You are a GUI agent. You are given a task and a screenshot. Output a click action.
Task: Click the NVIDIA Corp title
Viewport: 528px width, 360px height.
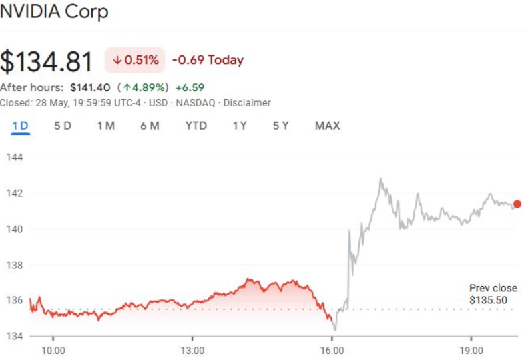(x=54, y=12)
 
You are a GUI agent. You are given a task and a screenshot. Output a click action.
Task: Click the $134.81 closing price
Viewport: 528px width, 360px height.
(x=47, y=61)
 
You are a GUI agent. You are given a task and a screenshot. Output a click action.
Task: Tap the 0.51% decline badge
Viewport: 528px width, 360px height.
(x=135, y=60)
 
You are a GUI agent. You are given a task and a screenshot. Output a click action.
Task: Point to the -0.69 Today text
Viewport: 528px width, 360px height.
(x=208, y=60)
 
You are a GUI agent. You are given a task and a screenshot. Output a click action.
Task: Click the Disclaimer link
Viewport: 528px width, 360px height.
(x=247, y=103)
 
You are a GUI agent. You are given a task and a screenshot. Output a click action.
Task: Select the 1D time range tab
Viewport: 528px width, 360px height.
(x=21, y=126)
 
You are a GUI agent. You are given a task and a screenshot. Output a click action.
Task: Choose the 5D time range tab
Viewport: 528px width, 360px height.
(x=63, y=126)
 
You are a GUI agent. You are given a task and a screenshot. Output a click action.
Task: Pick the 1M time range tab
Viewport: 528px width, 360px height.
(x=106, y=126)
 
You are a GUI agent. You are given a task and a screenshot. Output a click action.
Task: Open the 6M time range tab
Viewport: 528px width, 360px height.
(x=150, y=126)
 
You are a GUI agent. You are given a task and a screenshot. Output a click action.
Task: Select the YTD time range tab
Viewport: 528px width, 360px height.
(x=196, y=126)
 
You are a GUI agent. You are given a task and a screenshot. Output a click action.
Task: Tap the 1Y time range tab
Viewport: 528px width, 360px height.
(x=240, y=126)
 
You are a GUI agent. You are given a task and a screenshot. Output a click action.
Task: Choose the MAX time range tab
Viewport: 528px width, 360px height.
(x=327, y=126)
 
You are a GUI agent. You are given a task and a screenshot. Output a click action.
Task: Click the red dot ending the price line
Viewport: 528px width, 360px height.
(x=517, y=204)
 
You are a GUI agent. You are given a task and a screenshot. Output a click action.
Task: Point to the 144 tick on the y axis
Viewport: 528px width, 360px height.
(x=15, y=158)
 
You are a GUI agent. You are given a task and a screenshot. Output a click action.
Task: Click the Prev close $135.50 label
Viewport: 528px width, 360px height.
(x=493, y=294)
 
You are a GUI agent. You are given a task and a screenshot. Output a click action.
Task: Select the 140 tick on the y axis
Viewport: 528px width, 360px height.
(x=15, y=230)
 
